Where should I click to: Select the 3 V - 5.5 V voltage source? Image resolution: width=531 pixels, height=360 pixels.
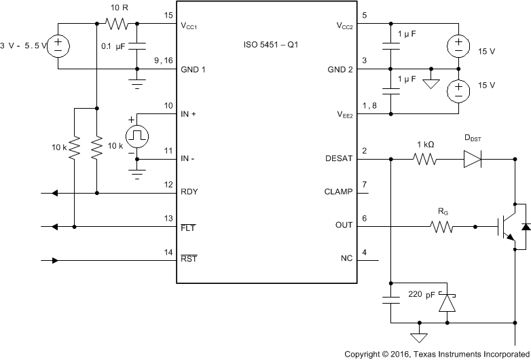tap(58, 46)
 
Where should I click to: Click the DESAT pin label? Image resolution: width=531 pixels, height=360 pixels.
tap(339, 160)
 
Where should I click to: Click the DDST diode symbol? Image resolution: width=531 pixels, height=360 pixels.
tap(472, 160)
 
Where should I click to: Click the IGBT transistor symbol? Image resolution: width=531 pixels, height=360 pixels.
tap(506, 226)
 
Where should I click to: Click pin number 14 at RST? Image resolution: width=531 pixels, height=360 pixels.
tap(168, 253)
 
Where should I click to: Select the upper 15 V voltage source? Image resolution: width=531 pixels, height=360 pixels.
tap(458, 46)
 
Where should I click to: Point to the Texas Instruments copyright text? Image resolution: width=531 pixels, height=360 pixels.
tap(437, 354)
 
